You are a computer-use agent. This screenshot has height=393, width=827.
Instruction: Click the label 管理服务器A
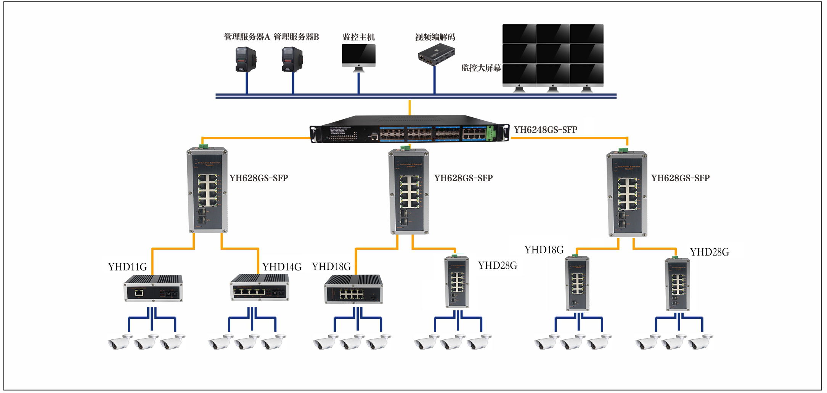pyautogui.click(x=247, y=37)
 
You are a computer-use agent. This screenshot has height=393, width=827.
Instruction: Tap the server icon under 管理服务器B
pyautogui.click(x=292, y=59)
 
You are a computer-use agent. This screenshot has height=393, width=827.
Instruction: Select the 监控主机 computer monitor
pyautogui.click(x=358, y=56)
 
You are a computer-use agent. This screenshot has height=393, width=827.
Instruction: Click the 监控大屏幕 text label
pyautogui.click(x=481, y=68)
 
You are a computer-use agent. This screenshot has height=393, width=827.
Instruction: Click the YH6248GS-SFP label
pyautogui.click(x=545, y=130)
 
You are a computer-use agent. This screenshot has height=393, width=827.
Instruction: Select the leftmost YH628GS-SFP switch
pyautogui.click(x=207, y=190)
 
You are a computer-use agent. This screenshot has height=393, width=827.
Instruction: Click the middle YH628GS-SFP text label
pyautogui.click(x=463, y=178)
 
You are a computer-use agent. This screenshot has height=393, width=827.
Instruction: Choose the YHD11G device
pyautogui.click(x=153, y=288)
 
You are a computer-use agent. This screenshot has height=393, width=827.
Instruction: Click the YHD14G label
pyautogui.click(x=282, y=267)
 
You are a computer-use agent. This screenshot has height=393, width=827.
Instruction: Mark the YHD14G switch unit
pyautogui.click(x=260, y=288)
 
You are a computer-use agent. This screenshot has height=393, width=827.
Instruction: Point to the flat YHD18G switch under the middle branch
pyautogui.click(x=353, y=289)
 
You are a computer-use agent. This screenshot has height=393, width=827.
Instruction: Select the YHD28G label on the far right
pyautogui.click(x=709, y=252)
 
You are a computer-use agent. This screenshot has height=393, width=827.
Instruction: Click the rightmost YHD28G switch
pyautogui.click(x=677, y=284)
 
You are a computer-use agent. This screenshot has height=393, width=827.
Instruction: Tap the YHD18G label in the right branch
pyautogui.click(x=544, y=250)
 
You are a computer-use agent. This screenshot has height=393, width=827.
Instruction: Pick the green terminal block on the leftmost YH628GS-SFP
pyautogui.click(x=203, y=146)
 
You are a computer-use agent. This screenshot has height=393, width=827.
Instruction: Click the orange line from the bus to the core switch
pyautogui.click(x=409, y=107)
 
